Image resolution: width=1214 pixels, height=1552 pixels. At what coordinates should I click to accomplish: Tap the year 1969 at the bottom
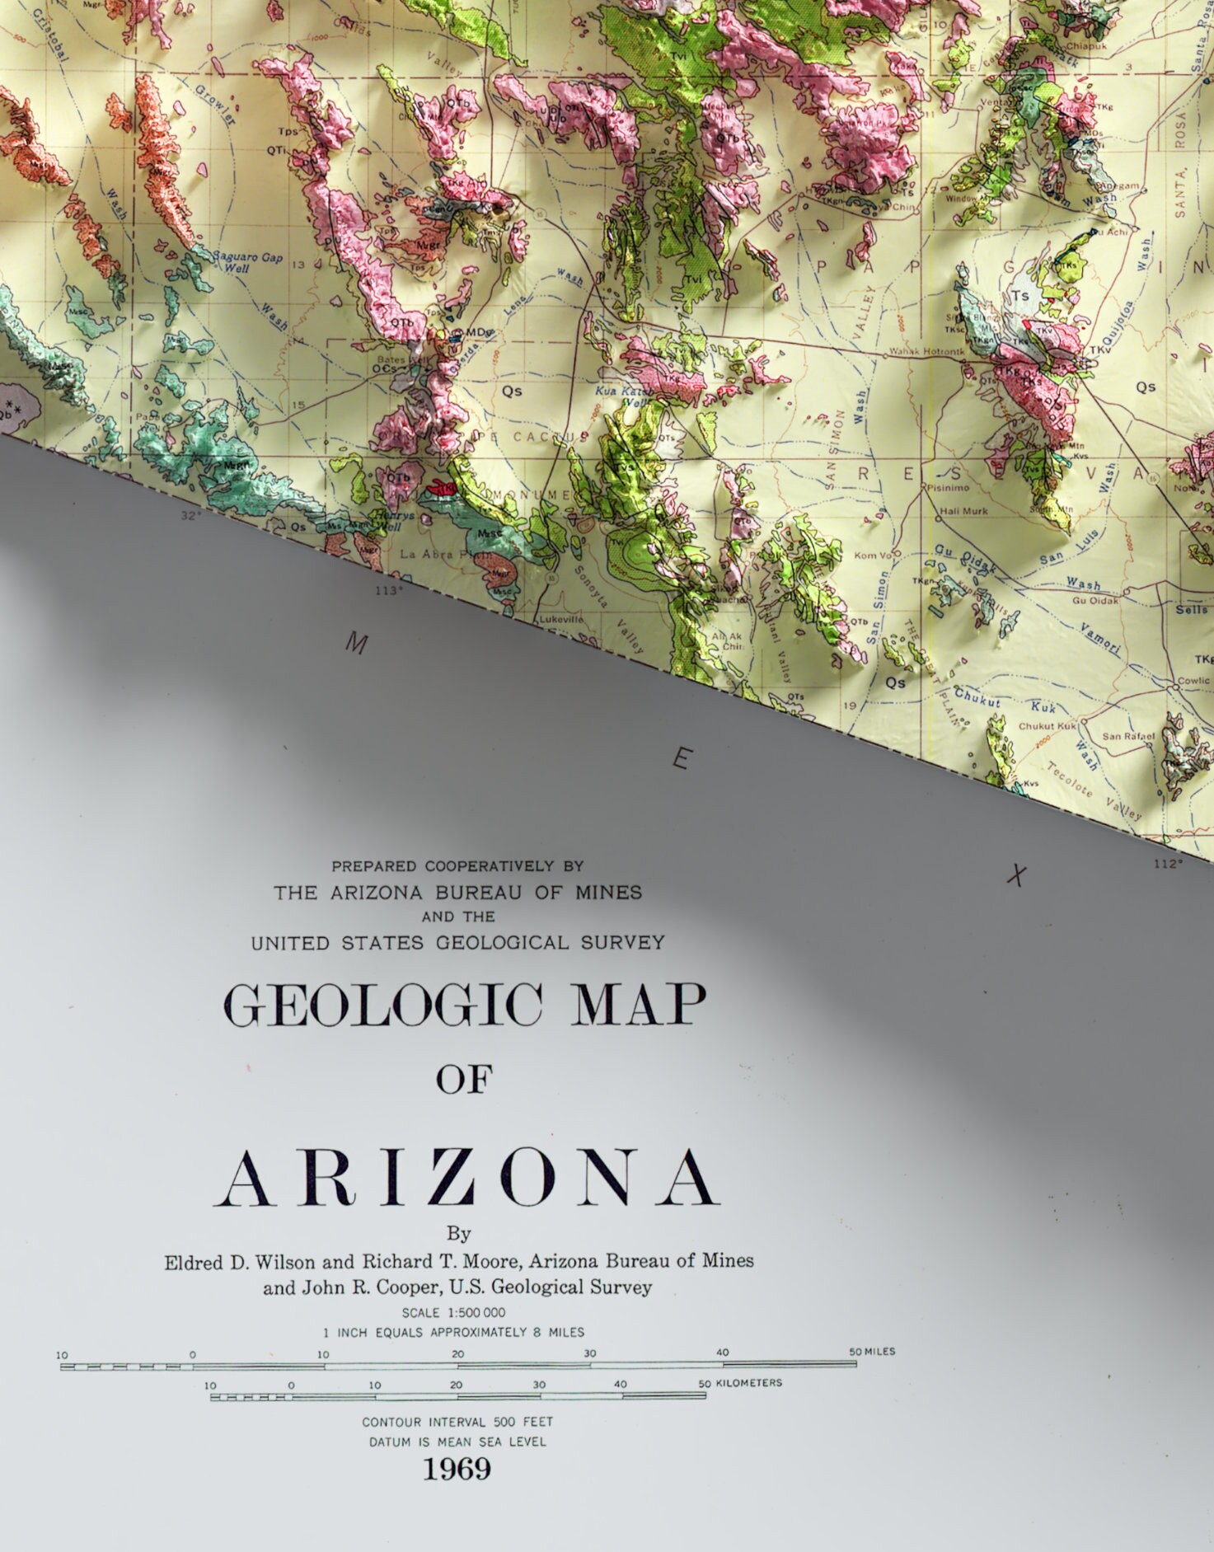(457, 1468)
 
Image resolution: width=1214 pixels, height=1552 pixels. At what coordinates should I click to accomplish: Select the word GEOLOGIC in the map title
(382, 1005)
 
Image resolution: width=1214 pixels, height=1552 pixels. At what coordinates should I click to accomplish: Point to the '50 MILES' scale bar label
(872, 1352)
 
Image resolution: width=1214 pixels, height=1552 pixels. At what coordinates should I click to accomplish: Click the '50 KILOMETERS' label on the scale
(740, 1382)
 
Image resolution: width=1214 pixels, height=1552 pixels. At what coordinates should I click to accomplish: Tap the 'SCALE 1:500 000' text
(453, 1312)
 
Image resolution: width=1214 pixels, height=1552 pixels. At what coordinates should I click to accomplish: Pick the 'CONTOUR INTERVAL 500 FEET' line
(457, 1422)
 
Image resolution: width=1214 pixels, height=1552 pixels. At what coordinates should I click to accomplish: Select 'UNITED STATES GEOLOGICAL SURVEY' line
(457, 942)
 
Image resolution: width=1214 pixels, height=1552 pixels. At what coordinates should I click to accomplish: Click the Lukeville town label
(560, 619)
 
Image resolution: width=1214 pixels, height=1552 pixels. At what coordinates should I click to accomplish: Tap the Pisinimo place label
(947, 487)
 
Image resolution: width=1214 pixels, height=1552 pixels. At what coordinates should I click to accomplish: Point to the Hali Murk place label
(963, 511)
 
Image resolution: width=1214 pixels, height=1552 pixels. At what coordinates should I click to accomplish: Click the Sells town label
(1191, 610)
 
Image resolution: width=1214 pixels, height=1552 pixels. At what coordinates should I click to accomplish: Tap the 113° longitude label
(389, 590)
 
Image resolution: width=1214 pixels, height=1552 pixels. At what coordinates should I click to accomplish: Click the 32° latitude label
(190, 515)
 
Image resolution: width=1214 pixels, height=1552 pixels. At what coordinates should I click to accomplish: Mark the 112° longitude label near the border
(1167, 863)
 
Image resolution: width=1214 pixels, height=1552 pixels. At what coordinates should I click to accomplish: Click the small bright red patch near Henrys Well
(439, 489)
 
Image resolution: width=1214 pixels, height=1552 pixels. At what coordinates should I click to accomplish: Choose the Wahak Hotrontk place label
(926, 352)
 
